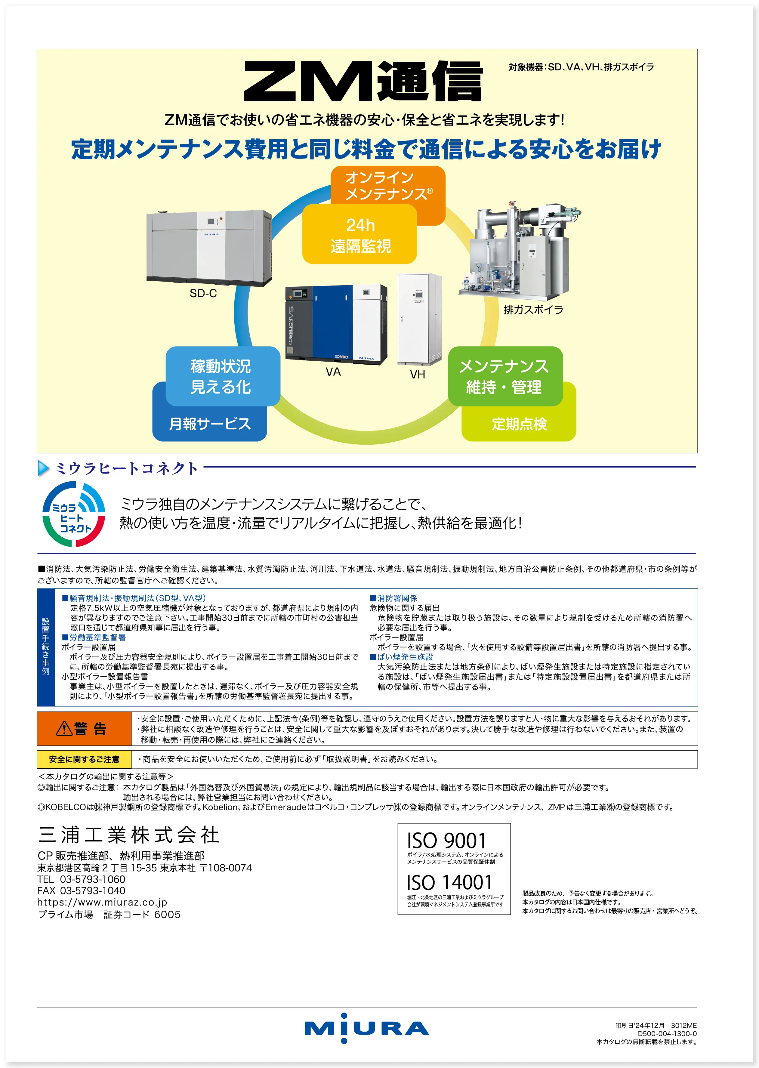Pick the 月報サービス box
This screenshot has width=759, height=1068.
(x=210, y=424)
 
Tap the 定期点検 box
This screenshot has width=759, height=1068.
(x=519, y=424)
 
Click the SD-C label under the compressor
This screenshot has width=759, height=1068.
(x=203, y=294)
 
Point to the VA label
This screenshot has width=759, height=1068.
(x=333, y=372)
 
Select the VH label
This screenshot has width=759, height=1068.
(x=417, y=374)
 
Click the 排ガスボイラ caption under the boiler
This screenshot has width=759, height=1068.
(x=533, y=309)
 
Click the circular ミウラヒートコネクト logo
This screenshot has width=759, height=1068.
(x=73, y=514)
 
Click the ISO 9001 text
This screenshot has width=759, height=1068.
(x=446, y=840)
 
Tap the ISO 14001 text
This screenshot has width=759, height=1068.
(x=449, y=882)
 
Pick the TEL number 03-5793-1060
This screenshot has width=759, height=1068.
(x=93, y=879)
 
